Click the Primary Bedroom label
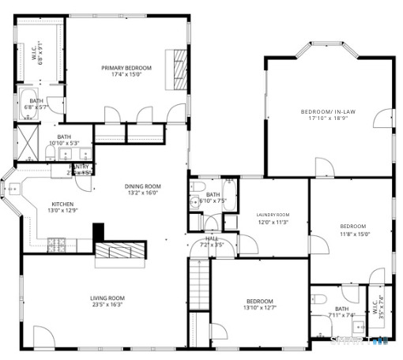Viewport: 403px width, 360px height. [126, 68]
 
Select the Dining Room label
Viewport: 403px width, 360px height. [143, 186]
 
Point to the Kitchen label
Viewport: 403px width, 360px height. [62, 204]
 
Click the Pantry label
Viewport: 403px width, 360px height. [79, 167]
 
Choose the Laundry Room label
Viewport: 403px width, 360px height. [273, 215]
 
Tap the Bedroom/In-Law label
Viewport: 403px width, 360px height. [328, 112]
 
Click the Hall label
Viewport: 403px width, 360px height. [211, 238]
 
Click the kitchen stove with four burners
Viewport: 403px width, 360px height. [58, 241]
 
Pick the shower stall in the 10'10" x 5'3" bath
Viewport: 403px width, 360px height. [28, 143]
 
